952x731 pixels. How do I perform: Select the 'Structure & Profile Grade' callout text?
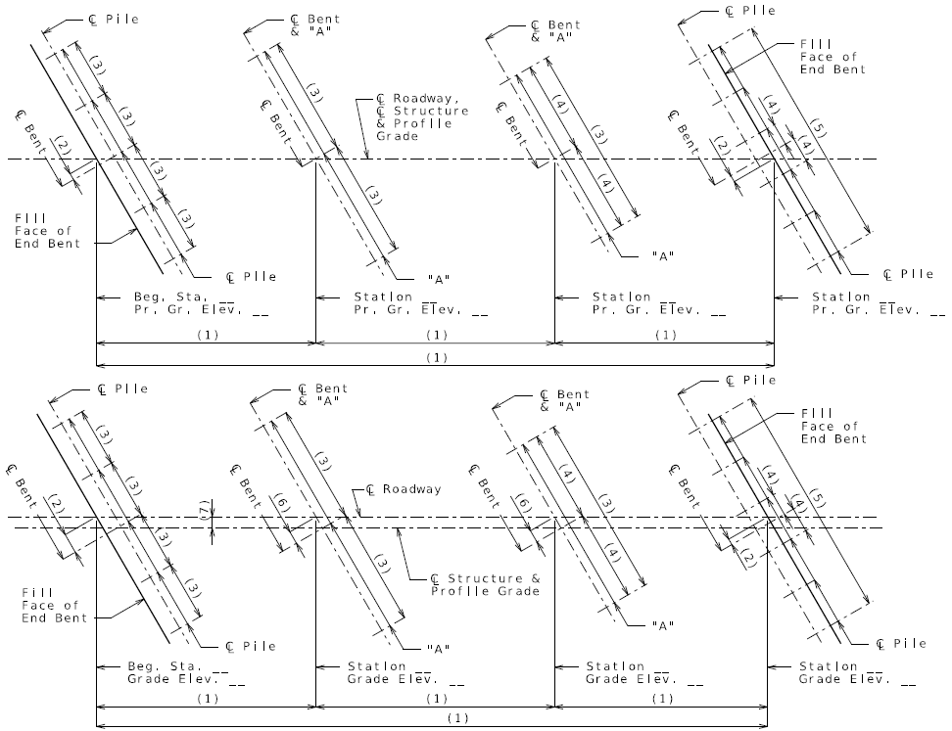485,585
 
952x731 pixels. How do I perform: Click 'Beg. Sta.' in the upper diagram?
170,297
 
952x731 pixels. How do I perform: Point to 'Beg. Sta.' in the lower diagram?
164,666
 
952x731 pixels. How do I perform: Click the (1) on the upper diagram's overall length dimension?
437,357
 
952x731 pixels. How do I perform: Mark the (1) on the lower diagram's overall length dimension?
457,718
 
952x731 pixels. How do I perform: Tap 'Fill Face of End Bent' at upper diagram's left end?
47,231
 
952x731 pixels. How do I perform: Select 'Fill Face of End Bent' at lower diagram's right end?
833,426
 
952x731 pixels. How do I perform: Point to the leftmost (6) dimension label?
281,505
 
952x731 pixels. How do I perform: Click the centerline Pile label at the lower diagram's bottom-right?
902,644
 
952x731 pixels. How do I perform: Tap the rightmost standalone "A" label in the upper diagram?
663,256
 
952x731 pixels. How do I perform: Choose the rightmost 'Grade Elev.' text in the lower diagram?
845,679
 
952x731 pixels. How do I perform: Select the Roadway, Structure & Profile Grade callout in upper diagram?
422,117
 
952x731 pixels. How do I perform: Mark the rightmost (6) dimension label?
523,505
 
